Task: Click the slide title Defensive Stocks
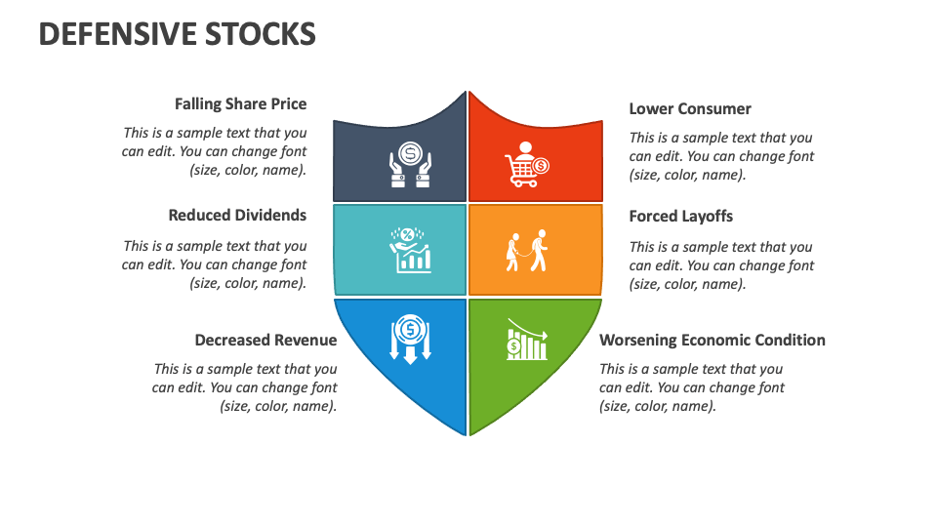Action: click(177, 34)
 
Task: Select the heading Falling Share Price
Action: click(240, 103)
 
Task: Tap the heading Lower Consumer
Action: click(690, 108)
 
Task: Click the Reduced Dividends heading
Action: click(237, 215)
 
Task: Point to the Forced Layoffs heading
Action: click(680, 216)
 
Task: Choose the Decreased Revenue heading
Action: click(265, 340)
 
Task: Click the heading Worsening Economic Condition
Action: click(712, 340)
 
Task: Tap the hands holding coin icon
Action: click(411, 162)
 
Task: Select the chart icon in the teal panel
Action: click(411, 251)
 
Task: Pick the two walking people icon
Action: click(526, 251)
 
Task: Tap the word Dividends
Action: click(271, 215)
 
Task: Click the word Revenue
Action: click(304, 340)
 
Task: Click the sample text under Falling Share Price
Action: click(215, 150)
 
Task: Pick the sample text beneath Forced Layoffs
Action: click(721, 265)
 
